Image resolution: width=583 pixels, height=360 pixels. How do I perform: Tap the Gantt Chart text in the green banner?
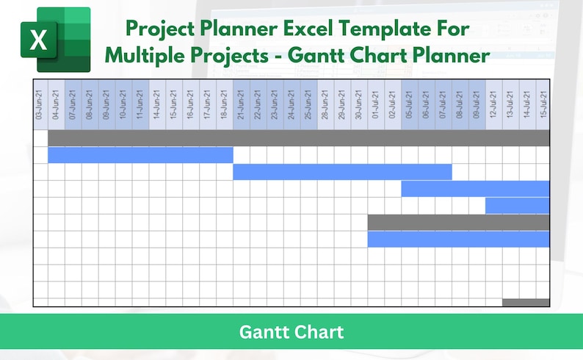pyautogui.click(x=291, y=332)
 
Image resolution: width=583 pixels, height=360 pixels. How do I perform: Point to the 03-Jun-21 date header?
pyautogui.click(x=40, y=104)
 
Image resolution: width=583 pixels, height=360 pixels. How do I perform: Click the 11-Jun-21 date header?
pyautogui.click(x=140, y=104)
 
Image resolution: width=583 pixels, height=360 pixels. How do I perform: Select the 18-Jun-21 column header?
pyautogui.click(x=225, y=104)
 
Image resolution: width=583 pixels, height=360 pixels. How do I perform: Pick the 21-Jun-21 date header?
pyautogui.click(x=242, y=104)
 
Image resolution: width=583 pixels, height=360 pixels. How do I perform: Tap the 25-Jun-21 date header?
pyautogui.click(x=308, y=104)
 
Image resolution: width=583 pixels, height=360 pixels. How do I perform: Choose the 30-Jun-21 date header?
pyautogui.click(x=359, y=104)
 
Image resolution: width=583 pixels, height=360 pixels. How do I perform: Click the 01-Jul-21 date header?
pyautogui.click(x=376, y=104)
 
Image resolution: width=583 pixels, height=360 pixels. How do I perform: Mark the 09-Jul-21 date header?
pyautogui.click(x=477, y=104)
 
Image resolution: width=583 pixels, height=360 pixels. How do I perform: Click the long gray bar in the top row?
pyautogui.click(x=299, y=138)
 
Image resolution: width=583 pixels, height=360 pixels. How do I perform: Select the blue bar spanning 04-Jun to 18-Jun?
pyautogui.click(x=140, y=155)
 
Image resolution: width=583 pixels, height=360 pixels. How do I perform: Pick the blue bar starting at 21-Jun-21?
pyautogui.click(x=342, y=172)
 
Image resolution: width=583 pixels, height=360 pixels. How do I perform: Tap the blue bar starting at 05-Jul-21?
pyautogui.click(x=475, y=189)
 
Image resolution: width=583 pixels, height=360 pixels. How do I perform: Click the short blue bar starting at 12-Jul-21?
pyautogui.click(x=517, y=206)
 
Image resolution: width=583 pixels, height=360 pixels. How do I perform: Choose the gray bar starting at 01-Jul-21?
pyautogui.click(x=458, y=222)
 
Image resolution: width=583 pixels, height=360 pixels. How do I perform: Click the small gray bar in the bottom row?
pyautogui.click(x=526, y=303)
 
